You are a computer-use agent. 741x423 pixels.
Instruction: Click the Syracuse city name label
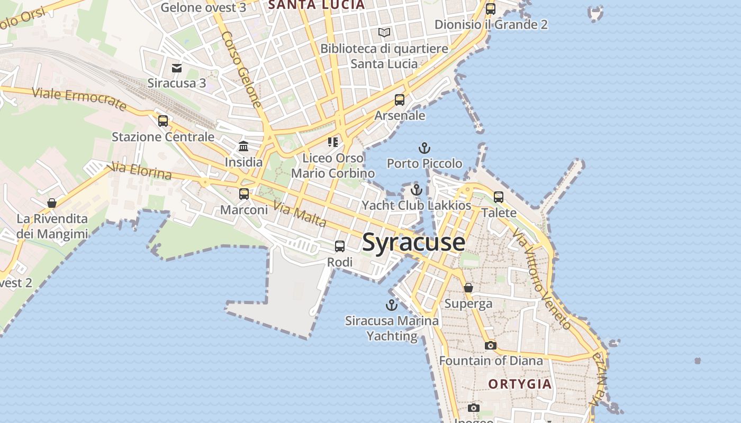pos(413,242)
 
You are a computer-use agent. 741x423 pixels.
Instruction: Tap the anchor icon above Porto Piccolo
pos(424,148)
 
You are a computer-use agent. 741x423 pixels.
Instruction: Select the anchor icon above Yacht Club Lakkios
pos(417,190)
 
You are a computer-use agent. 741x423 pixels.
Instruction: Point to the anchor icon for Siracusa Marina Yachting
pos(391,305)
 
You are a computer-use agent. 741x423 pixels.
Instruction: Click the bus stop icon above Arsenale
pos(400,99)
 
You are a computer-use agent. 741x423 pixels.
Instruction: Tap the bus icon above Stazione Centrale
pos(163,121)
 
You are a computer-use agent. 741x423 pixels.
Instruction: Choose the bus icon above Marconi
pos(244,194)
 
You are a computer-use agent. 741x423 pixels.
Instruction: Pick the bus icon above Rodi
pos(340,246)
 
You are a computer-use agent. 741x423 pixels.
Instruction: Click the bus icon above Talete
pos(499,197)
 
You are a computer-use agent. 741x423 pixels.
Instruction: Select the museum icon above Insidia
pos(243,146)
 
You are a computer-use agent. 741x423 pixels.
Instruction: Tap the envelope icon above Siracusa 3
pos(177,68)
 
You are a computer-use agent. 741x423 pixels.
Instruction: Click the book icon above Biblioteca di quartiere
pos(384,33)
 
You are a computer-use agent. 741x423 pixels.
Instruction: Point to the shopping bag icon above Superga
pos(468,288)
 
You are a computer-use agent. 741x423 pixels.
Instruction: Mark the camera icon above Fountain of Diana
pos(491,345)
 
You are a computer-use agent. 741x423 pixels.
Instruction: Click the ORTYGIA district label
pos(520,384)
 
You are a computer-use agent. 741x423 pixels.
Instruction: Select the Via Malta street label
pos(300,215)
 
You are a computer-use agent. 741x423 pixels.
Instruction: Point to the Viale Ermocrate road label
pos(79,99)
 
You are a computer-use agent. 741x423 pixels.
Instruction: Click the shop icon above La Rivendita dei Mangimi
pos(52,203)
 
